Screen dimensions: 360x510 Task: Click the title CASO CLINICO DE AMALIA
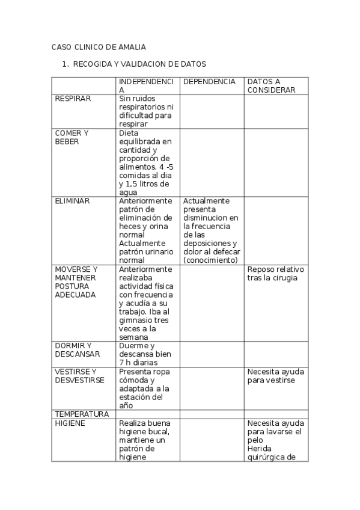pos(99,47)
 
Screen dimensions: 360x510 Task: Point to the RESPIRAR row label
pos(73,99)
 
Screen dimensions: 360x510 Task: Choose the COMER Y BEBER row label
pos(72,137)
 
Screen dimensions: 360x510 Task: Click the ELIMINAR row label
pos(72,201)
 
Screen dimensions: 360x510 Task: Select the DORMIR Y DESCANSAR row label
pos(78,349)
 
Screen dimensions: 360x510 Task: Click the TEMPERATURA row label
pos(82,414)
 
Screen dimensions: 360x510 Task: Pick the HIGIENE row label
pos(70,423)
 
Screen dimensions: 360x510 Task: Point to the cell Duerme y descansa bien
pos(145,350)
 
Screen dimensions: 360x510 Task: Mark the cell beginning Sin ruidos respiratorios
pos(145,111)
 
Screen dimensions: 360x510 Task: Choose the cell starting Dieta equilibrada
pos(146,162)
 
